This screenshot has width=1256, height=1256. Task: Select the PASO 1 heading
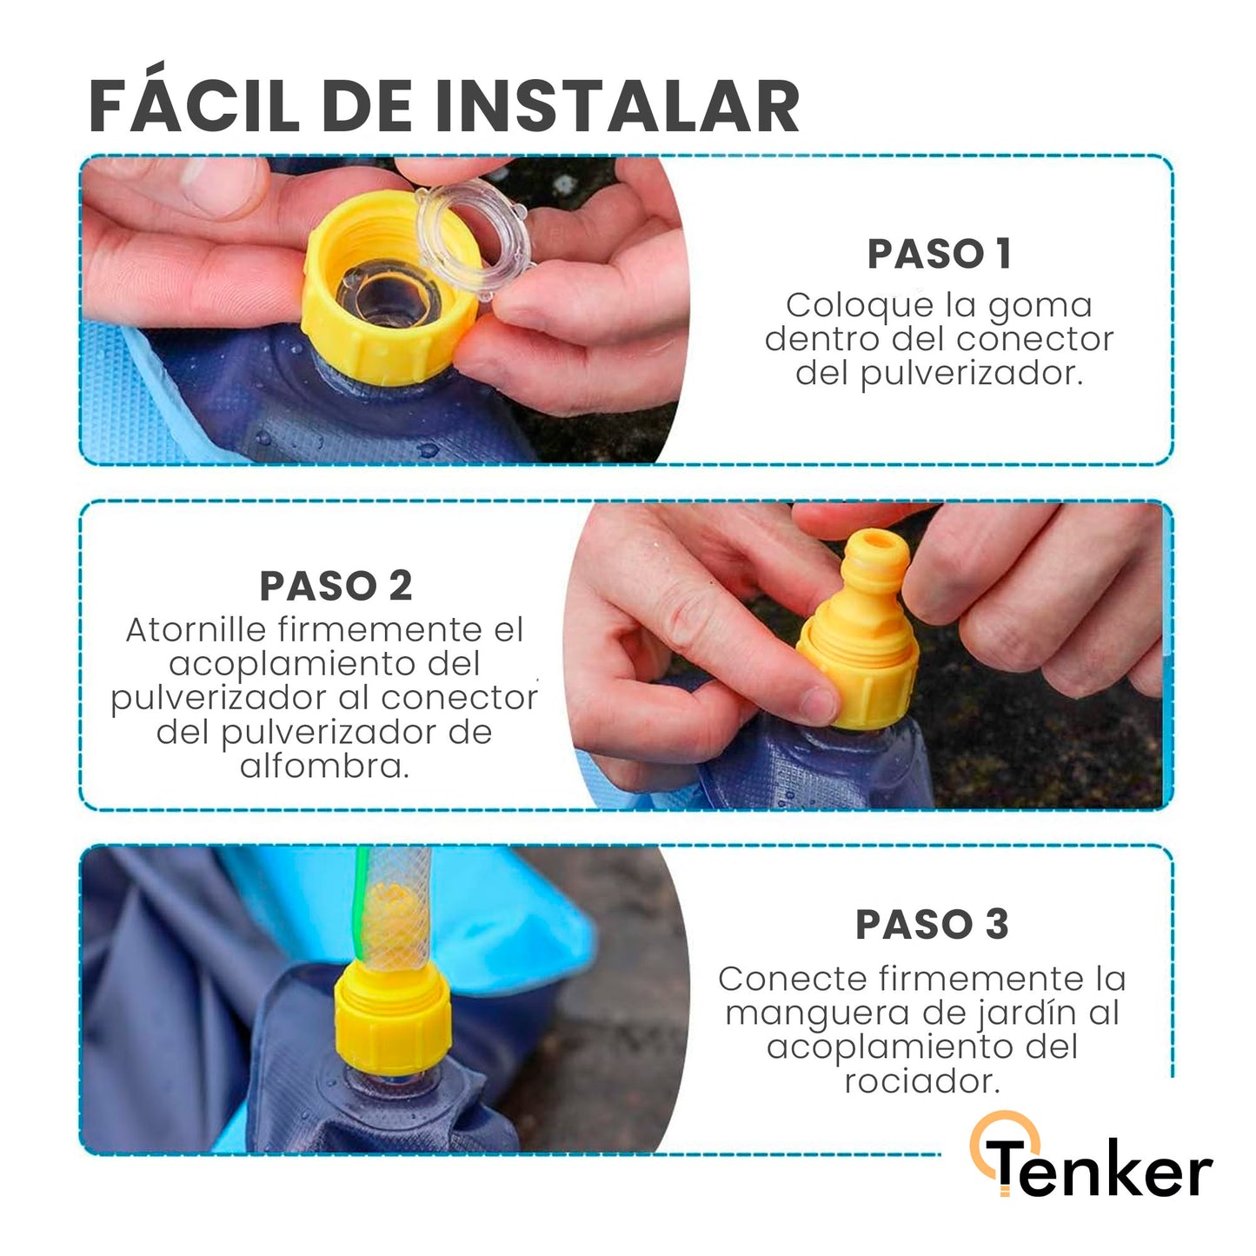pyautogui.click(x=939, y=254)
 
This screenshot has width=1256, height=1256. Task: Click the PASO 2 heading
pyautogui.click(x=336, y=585)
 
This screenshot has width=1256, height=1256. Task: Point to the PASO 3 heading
pyautogui.click(x=932, y=924)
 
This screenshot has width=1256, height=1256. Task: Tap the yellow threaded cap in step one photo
pyautogui.click(x=389, y=287)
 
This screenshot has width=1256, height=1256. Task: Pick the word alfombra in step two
pyautogui.click(x=324, y=766)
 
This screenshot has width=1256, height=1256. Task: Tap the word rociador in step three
pyautogui.click(x=922, y=1081)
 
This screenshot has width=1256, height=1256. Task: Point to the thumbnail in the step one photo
pyautogui.click(x=217, y=183)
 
